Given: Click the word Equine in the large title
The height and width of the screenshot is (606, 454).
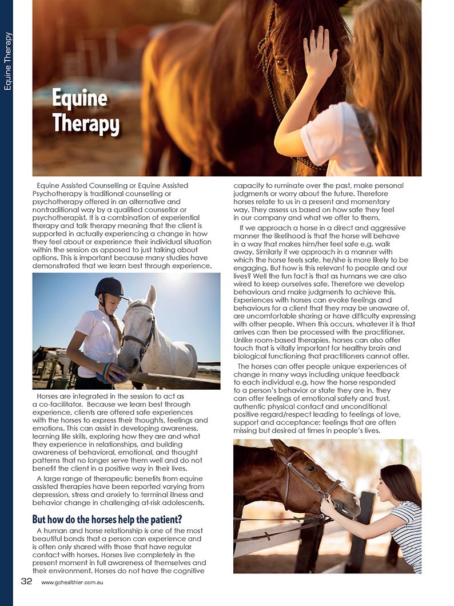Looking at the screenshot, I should tap(79, 98).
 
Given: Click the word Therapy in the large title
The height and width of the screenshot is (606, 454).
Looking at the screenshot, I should tap(86, 123).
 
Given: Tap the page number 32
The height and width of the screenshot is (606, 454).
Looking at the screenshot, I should tap(26, 581).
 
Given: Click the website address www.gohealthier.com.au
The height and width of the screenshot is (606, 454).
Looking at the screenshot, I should tap(71, 582).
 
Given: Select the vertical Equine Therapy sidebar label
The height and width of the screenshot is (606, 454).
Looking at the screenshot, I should tap(7, 61).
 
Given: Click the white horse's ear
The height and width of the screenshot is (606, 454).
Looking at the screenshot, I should tap(151, 295).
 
